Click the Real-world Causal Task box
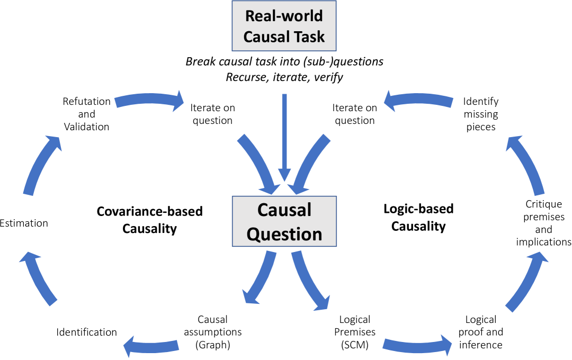pos(284,26)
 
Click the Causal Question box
pos(284,222)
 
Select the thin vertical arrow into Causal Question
pos(285,138)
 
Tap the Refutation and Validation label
pos(86,114)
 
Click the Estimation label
pos(24,223)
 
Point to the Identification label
pos(86,332)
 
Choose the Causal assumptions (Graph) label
pos(212,332)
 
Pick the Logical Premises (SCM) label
pos(354,332)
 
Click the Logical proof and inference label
pos(480,332)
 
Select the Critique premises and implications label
pos(544,223)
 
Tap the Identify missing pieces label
pos(480,113)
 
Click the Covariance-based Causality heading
pos(149,220)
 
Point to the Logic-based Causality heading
pos(418,217)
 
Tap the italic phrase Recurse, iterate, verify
pos(284,77)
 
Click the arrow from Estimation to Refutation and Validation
pos(37,164)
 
